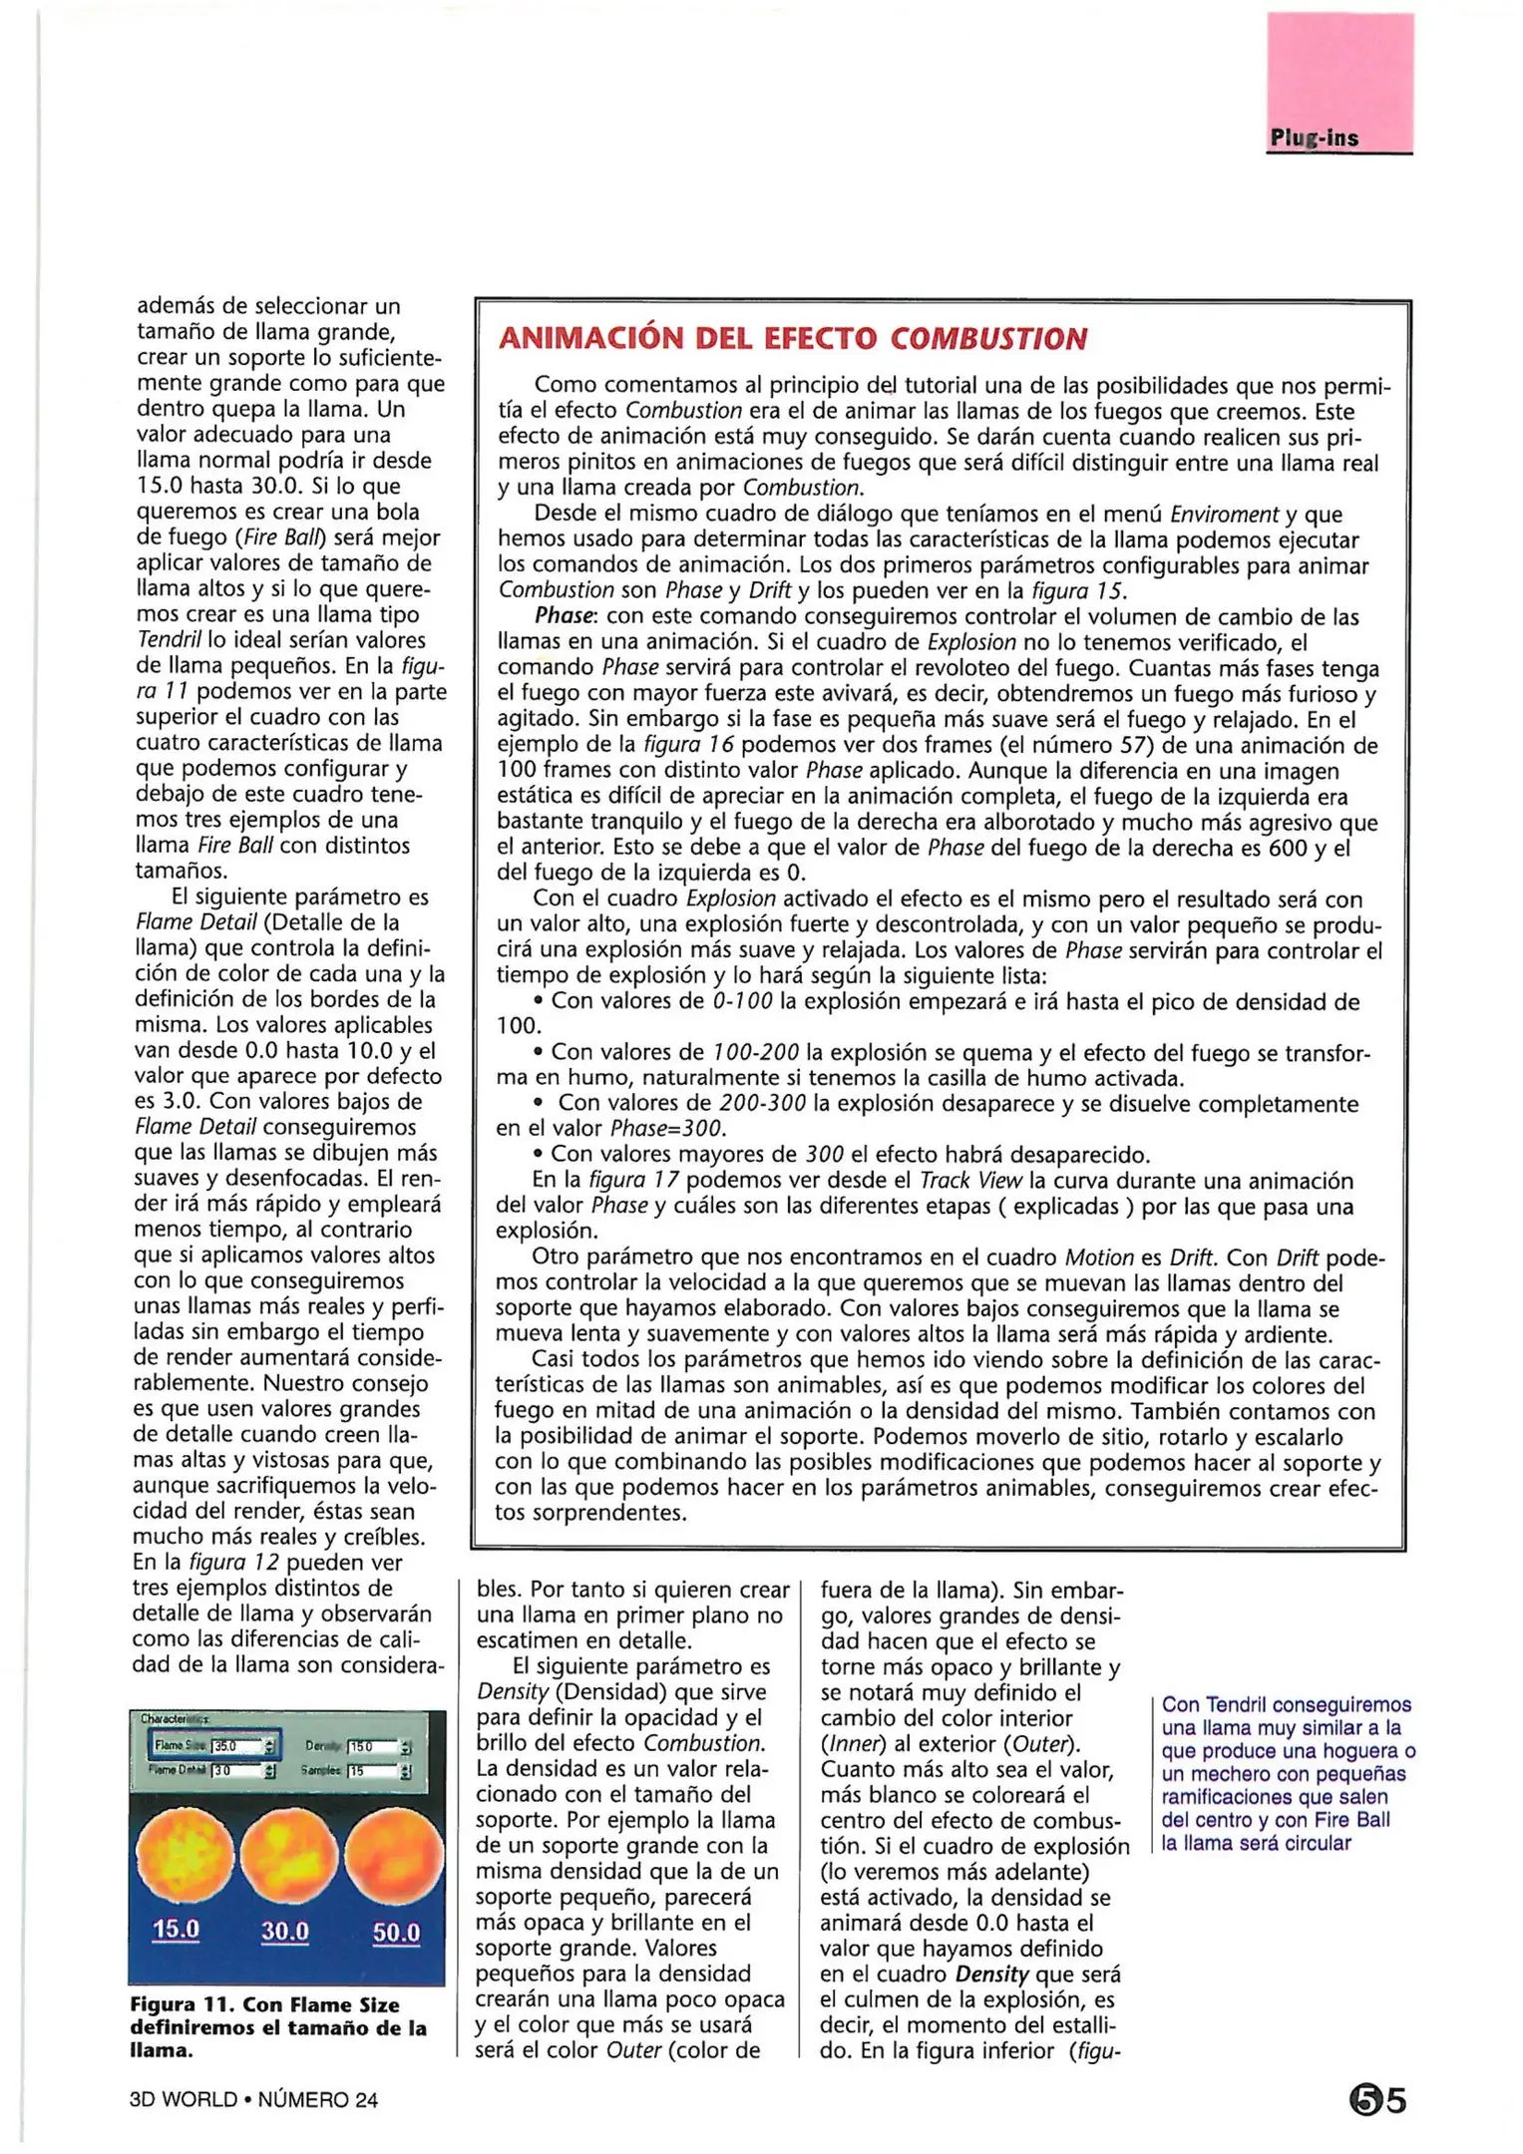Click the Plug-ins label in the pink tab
[x=1314, y=139]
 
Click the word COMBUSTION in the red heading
[x=987, y=340]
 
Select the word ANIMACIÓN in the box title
[x=594, y=340]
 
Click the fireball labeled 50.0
[x=395, y=1856]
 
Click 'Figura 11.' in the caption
[x=181, y=2004]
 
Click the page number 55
[x=1377, y=2100]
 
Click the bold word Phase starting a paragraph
[x=565, y=617]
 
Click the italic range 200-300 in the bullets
[x=763, y=1104]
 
